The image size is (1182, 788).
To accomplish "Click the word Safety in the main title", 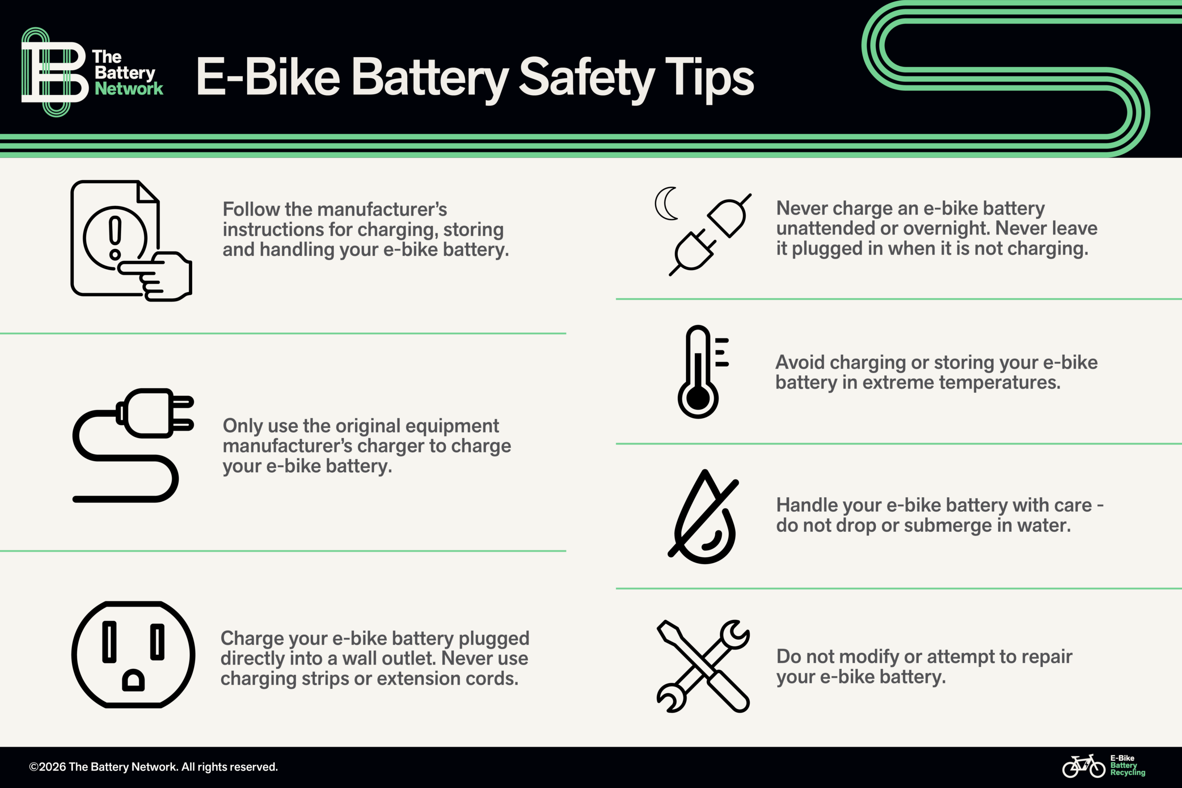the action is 586,78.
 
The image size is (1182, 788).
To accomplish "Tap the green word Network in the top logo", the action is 129,89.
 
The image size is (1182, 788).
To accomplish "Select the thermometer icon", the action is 703,372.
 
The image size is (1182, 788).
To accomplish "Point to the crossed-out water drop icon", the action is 704,517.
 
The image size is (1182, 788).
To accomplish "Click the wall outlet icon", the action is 133,654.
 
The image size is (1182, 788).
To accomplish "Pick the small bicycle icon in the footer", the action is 1084,766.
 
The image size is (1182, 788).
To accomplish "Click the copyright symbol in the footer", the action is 34,767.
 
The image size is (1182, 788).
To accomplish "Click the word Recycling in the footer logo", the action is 1128,772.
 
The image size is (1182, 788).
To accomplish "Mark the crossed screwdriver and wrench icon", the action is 703,666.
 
